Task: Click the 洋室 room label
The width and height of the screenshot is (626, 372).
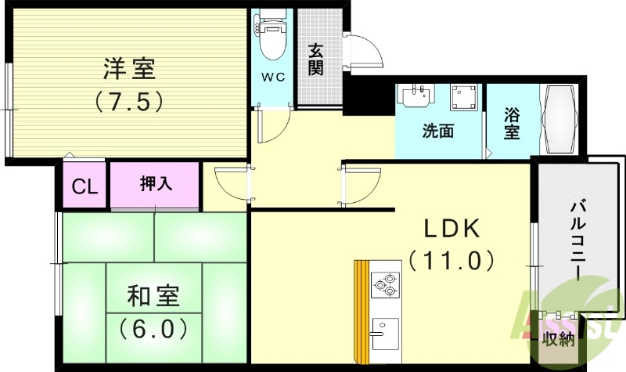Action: pyautogui.click(x=129, y=69)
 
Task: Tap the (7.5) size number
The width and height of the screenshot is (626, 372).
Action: pyautogui.click(x=129, y=101)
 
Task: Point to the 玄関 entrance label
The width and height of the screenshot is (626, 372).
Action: pyautogui.click(x=316, y=60)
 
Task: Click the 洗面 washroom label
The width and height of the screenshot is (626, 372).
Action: pyautogui.click(x=438, y=131)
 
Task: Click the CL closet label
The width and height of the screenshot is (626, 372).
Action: pyautogui.click(x=85, y=186)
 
